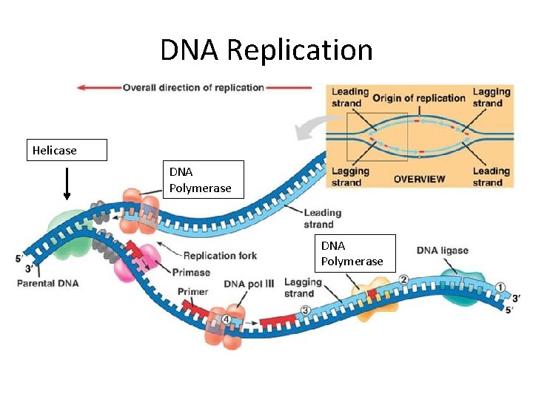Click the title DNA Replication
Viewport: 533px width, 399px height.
(266, 50)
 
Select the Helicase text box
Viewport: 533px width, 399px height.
(67, 150)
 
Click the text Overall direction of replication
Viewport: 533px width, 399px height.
(193, 87)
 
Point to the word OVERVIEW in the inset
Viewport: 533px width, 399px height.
(419, 178)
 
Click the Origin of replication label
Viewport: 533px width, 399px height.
(418, 98)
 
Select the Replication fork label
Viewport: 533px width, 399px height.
(220, 256)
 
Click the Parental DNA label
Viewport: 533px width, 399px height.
(48, 283)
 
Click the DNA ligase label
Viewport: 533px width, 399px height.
(442, 250)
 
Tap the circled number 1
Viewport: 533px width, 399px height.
(500, 287)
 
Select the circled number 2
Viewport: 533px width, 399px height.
(403, 279)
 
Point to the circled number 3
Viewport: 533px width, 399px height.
(304, 310)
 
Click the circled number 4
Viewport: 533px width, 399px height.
(227, 319)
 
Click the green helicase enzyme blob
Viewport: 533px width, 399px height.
(68, 233)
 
